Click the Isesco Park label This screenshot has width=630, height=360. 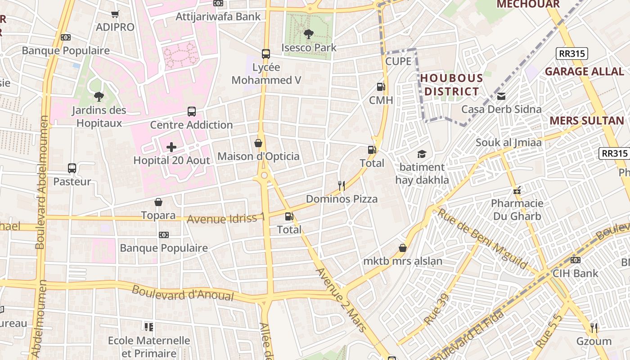(309, 47)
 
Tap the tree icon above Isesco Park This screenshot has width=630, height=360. (308, 33)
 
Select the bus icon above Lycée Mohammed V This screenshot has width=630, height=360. (266, 54)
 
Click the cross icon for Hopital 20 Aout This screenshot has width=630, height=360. (171, 147)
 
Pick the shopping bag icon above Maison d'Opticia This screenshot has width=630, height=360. (258, 143)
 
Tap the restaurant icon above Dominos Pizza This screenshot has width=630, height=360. (342, 185)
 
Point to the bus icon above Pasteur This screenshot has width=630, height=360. (72, 168)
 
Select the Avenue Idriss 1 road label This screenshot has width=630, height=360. (226, 219)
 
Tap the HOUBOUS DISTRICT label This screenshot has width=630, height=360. (451, 85)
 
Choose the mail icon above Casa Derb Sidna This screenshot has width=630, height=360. (501, 96)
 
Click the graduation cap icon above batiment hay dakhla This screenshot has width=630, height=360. (422, 154)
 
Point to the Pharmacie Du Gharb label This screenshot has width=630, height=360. (517, 210)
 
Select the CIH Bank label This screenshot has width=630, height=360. (576, 273)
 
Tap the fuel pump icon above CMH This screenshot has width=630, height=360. (381, 86)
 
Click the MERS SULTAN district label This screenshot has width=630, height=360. (587, 121)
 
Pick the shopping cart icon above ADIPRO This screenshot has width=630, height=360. (115, 14)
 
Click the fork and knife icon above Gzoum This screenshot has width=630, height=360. (594, 328)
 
